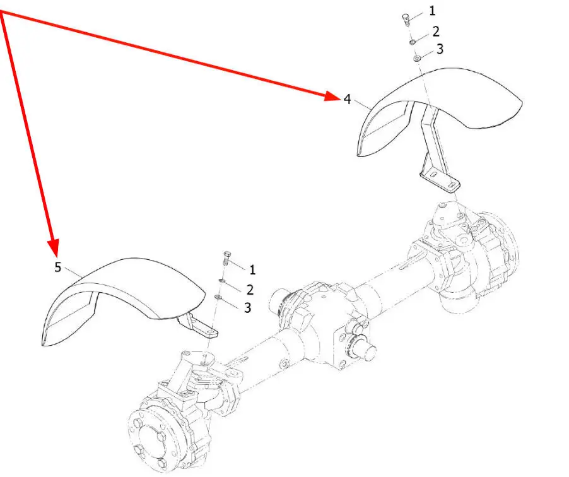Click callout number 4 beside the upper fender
point(348,98)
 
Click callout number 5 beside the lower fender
point(57,267)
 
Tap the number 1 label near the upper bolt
point(432,11)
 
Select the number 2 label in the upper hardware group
point(436,32)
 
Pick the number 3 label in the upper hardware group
point(440,49)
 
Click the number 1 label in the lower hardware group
point(252,269)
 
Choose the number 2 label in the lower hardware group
point(250,290)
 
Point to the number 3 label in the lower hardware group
point(247,308)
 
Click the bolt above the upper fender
point(406,19)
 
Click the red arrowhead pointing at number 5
point(54,249)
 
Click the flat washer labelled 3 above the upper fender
point(417,58)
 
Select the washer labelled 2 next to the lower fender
point(221,281)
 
